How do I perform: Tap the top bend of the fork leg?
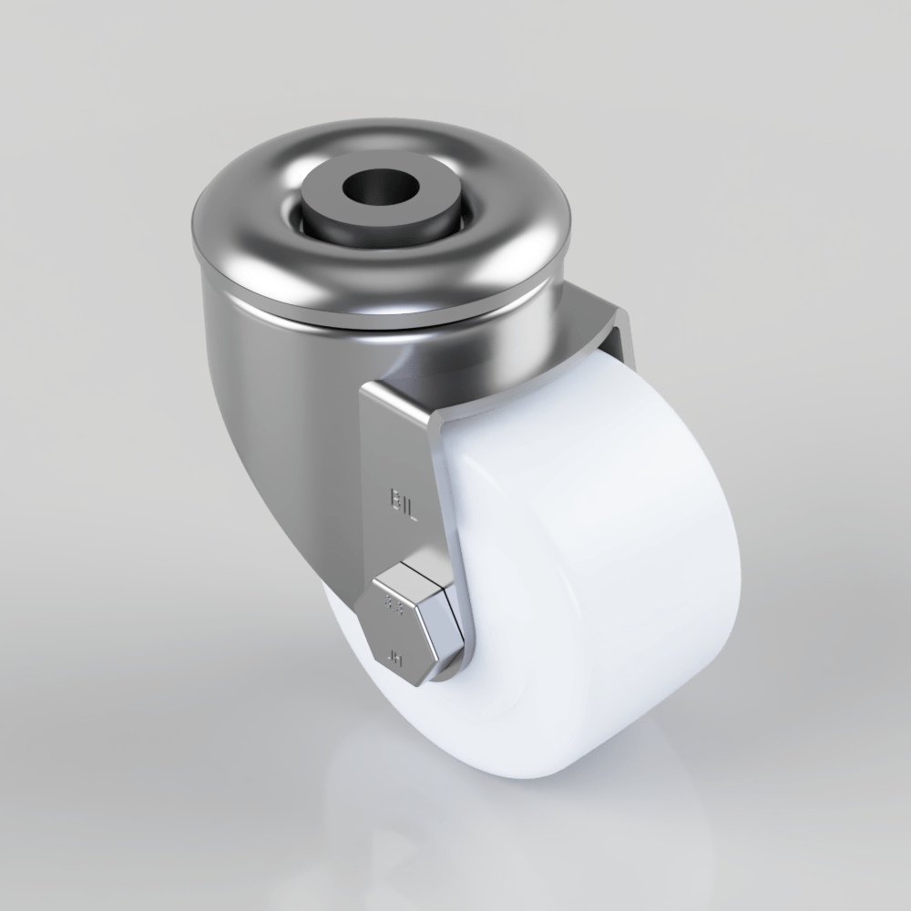(401, 401)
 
